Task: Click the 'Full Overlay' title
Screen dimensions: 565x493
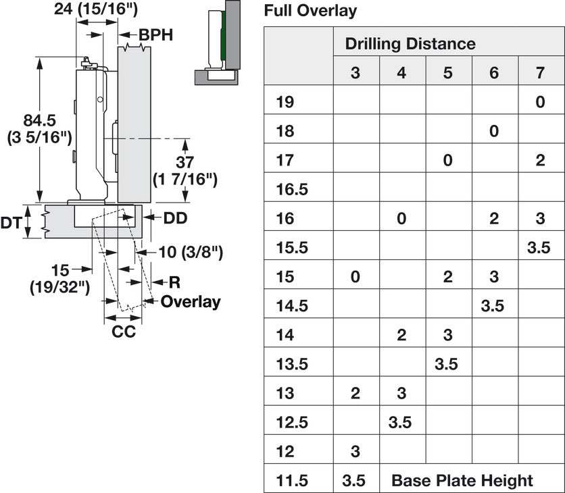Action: click(310, 11)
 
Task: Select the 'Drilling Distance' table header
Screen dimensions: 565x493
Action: click(410, 44)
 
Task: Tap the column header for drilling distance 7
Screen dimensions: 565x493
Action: click(540, 73)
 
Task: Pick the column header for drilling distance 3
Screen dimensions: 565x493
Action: click(355, 73)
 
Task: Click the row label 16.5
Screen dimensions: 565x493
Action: click(292, 189)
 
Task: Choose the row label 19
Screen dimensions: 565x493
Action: click(285, 102)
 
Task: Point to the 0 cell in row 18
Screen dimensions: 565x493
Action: click(493, 131)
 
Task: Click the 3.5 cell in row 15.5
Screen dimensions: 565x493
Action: click(539, 248)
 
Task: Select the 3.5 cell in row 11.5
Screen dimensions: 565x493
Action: click(354, 481)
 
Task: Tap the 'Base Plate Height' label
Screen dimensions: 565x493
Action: click(462, 481)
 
